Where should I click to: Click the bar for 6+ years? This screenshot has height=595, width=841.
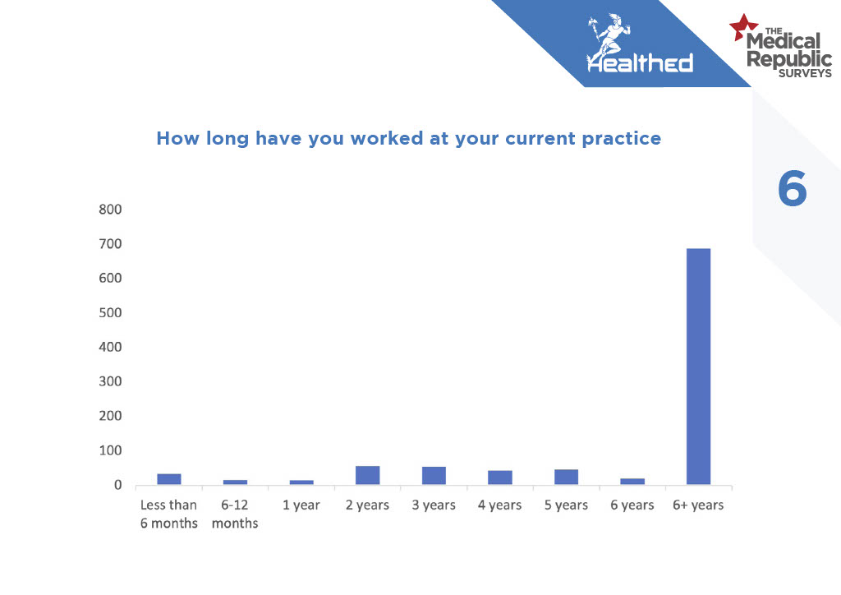(x=698, y=367)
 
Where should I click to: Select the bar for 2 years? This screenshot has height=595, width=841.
(x=367, y=475)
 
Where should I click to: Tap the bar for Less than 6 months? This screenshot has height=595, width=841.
(x=169, y=479)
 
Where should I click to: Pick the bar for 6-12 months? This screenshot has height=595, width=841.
(x=235, y=482)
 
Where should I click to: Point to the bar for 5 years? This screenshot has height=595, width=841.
(x=567, y=477)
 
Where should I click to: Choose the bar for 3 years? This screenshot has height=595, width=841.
(x=434, y=476)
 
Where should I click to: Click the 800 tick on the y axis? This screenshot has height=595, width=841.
(x=111, y=210)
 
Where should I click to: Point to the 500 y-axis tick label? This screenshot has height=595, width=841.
(x=111, y=313)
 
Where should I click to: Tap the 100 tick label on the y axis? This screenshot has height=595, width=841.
(x=111, y=450)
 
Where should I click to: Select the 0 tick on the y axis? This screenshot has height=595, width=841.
(x=117, y=485)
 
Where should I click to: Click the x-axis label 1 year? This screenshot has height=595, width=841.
(x=301, y=505)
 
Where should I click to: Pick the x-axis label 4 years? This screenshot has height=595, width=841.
(x=500, y=505)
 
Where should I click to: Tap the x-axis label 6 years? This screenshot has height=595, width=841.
(x=632, y=505)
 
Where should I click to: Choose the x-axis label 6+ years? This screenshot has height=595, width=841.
(x=698, y=505)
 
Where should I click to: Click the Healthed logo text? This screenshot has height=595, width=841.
(x=640, y=62)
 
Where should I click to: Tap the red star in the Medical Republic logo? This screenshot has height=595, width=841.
(x=742, y=27)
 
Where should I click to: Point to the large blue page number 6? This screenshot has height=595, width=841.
(x=793, y=188)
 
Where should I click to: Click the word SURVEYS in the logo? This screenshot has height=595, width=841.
(x=805, y=73)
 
